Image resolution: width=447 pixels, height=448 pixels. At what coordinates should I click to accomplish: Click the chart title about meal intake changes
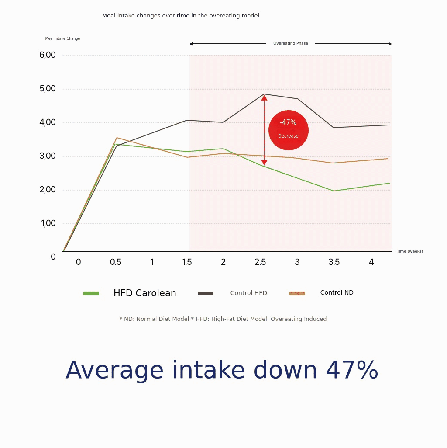(180, 16)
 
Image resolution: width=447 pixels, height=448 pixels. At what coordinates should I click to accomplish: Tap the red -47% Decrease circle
(288, 130)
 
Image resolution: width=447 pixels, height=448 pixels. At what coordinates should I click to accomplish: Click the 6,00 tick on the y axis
(48, 55)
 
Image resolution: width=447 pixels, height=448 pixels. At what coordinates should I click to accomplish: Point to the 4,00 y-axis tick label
(48, 122)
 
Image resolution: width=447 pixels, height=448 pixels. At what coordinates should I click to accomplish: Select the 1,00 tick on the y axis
(48, 223)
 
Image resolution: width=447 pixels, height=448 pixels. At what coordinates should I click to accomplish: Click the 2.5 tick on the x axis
(260, 262)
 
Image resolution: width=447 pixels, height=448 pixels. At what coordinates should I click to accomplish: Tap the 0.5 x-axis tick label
(116, 262)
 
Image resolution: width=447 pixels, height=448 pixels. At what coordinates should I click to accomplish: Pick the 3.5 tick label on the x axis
(334, 262)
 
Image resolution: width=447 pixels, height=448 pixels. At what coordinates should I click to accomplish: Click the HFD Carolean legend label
(144, 293)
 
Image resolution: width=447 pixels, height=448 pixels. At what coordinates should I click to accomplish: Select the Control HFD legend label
(248, 293)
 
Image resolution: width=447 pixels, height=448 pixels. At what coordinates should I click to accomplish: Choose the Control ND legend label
(337, 292)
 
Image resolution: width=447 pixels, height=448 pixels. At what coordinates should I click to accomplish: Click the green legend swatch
(91, 293)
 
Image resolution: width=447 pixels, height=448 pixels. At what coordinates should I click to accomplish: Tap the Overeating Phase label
(290, 43)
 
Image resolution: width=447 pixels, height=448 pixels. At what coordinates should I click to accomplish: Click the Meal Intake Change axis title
(62, 38)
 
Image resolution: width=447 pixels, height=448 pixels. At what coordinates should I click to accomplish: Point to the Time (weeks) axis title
(409, 251)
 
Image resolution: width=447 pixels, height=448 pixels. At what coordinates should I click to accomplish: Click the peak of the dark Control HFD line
(264, 94)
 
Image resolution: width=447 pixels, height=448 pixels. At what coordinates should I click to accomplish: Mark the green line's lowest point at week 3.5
(334, 191)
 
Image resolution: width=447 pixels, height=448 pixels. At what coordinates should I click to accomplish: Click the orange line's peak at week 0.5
(116, 138)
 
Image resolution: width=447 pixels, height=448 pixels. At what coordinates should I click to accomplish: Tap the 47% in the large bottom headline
(352, 370)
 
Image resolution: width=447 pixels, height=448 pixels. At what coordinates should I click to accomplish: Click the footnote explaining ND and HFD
(223, 319)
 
